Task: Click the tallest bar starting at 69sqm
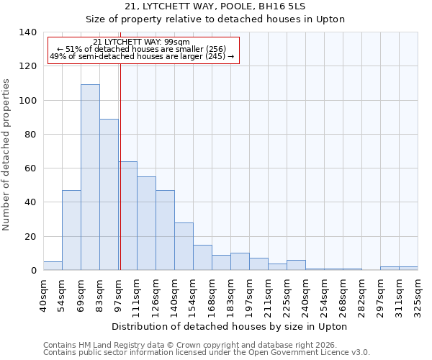[x=90, y=177]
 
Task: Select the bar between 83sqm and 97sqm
[x=109, y=194]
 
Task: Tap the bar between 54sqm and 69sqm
[x=71, y=230]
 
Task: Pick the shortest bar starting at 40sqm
[x=53, y=266]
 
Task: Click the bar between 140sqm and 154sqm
[x=184, y=246]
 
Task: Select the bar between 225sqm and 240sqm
[x=296, y=265]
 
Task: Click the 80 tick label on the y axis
[x=31, y=135]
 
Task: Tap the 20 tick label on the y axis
[x=31, y=237]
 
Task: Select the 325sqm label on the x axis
[x=418, y=293]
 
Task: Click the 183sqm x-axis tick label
[x=230, y=293]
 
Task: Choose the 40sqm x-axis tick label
[x=43, y=293]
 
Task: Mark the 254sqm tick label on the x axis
[x=324, y=293]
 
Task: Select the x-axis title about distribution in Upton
[x=230, y=326]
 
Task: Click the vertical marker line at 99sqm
[x=120, y=166]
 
